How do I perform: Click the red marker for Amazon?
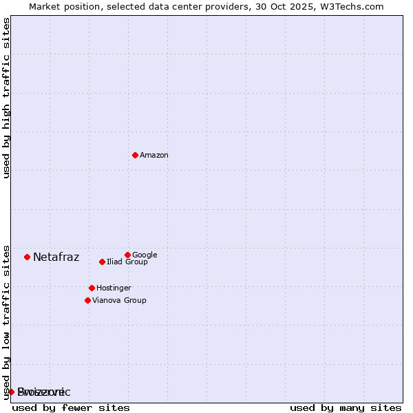(135, 155)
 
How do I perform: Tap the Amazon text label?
(154, 156)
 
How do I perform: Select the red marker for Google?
(127, 255)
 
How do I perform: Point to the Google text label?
(145, 255)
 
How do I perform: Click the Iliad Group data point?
(102, 262)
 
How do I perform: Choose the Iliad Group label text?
(127, 262)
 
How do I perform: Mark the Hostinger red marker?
(92, 288)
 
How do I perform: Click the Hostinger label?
(114, 288)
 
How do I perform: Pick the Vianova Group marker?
(87, 300)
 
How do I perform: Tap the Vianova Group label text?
(119, 301)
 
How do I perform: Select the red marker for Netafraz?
(27, 257)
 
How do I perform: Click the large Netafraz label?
(56, 257)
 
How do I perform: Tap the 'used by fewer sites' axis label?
(71, 408)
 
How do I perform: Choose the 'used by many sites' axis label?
(346, 408)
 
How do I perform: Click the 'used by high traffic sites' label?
(6, 98)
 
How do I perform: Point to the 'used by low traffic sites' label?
(6, 321)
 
